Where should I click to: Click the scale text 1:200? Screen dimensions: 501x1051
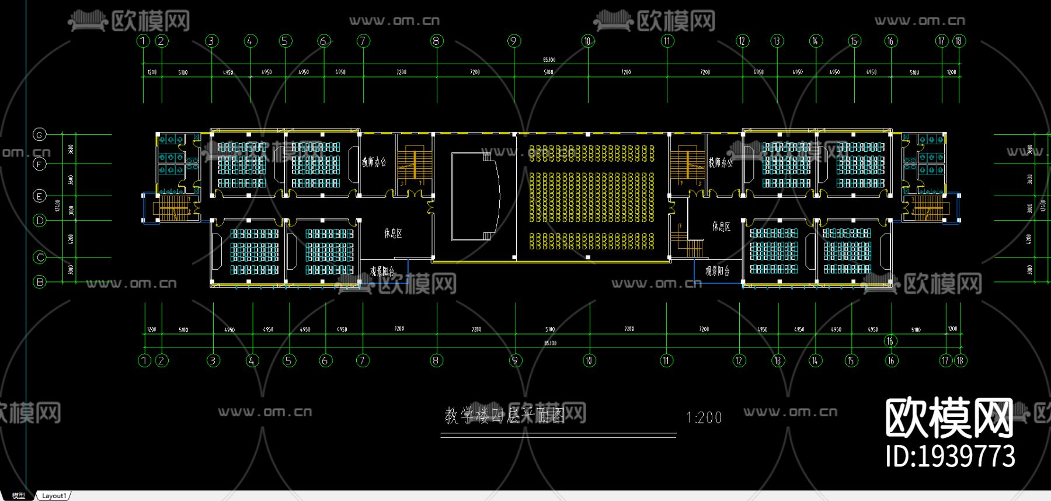[x=704, y=418]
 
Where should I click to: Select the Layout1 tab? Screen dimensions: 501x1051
[x=54, y=496]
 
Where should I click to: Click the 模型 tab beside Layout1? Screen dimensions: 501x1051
[x=19, y=496]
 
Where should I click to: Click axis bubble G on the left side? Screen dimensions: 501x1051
[x=39, y=135]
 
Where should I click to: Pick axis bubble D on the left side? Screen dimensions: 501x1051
[x=40, y=221]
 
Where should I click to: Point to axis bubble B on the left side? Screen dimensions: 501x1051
[x=40, y=282]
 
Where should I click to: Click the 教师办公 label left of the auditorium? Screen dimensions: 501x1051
[x=374, y=162]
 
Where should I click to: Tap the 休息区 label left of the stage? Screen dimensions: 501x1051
[x=393, y=234]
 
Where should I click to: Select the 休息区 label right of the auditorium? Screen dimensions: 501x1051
[x=721, y=227]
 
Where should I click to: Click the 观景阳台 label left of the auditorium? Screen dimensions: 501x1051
[x=382, y=272]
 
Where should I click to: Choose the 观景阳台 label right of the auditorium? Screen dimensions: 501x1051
[x=717, y=271]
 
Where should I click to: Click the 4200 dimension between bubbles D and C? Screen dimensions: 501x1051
[x=71, y=239]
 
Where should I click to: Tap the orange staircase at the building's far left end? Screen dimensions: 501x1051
[x=173, y=208]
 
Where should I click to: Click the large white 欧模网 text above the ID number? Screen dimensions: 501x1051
[x=949, y=418]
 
